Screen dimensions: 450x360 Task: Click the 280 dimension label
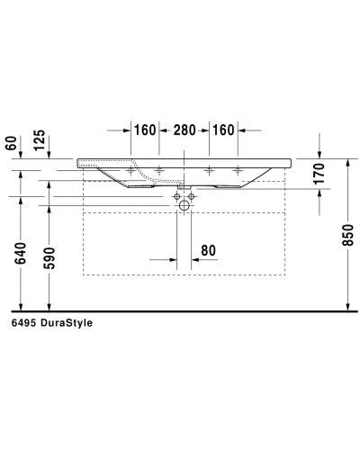(184, 129)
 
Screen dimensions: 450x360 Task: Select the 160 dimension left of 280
(146, 129)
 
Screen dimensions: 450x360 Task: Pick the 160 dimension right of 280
(223, 129)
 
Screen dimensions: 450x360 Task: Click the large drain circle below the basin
(185, 205)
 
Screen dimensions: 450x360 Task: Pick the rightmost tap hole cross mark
(238, 169)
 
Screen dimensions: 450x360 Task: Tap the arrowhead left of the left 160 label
(127, 129)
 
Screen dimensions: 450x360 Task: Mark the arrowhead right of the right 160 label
(242, 129)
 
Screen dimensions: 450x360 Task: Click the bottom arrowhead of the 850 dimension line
(347, 305)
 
